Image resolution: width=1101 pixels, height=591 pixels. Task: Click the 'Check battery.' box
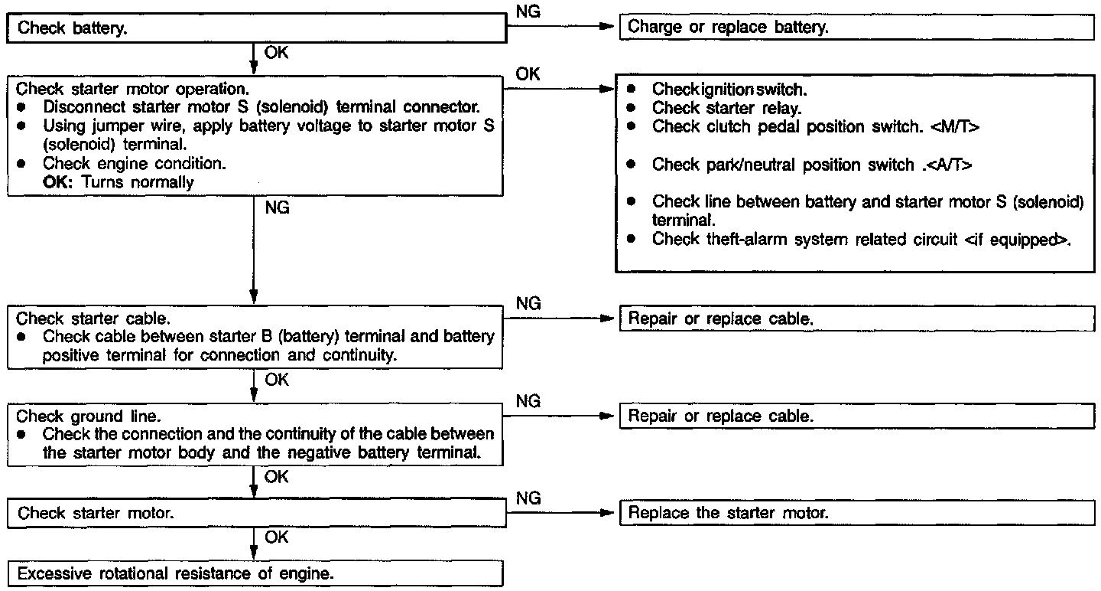point(256,29)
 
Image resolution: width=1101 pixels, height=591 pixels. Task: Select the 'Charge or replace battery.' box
point(856,28)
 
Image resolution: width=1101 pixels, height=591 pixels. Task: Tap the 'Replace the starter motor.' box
point(856,513)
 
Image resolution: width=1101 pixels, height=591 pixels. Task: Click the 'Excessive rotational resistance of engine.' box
point(256,573)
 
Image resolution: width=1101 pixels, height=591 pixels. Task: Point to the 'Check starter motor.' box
point(256,513)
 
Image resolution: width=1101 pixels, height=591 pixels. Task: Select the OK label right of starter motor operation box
point(528,74)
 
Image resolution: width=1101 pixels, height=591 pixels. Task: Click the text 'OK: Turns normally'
point(119,182)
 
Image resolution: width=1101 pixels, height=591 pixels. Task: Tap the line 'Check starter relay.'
point(726,108)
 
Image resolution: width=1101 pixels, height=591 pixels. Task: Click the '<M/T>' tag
point(953,126)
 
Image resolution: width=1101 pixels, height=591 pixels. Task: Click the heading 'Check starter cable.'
point(93,318)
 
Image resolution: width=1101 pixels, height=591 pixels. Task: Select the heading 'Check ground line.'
point(89,416)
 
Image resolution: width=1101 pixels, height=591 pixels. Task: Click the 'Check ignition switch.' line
point(730,90)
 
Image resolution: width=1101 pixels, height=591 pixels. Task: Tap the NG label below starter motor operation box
point(277,207)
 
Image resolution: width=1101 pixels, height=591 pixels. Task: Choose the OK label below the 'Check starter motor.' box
point(277,537)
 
